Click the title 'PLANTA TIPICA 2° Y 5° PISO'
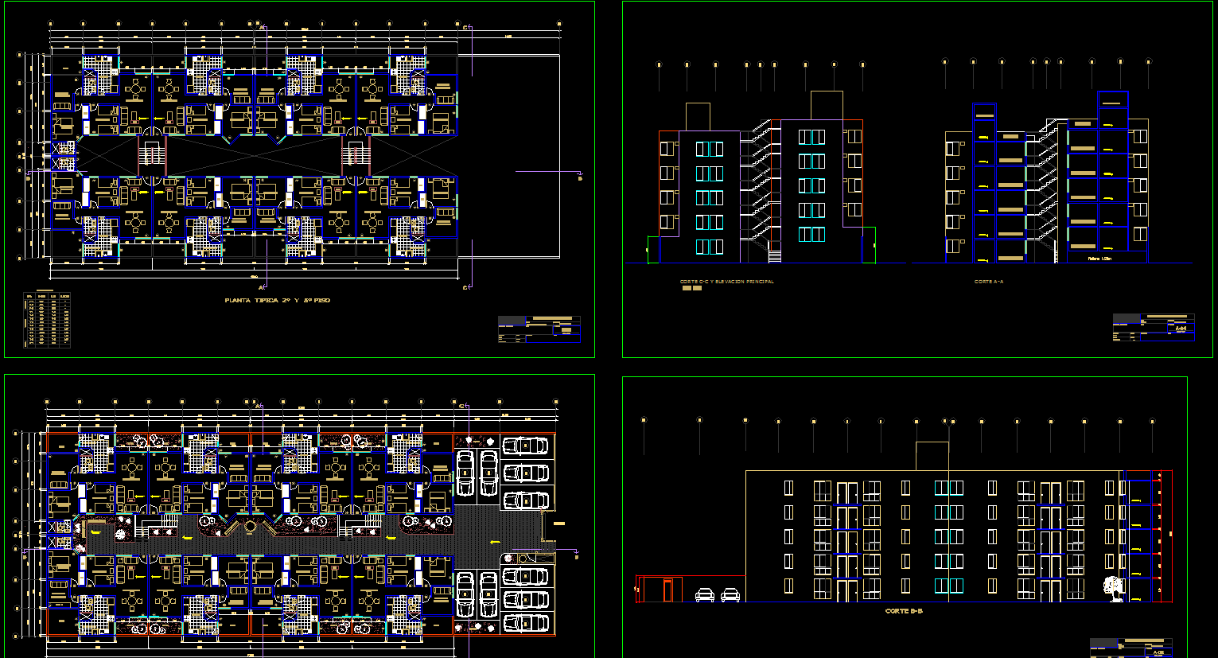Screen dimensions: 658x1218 277,301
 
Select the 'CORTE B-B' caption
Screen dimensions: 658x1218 904,612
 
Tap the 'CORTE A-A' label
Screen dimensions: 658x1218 989,282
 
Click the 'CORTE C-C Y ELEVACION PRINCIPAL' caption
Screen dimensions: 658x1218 726,282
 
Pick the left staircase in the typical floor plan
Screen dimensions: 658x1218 151,156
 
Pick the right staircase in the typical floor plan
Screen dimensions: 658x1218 356,156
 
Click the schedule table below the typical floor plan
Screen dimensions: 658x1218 47,320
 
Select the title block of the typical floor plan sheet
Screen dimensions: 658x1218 539,329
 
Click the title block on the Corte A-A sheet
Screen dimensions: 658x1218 1153,327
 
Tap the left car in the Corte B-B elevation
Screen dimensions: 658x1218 705,595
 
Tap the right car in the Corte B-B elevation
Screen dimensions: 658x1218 730,595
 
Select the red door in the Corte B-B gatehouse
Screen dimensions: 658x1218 667,590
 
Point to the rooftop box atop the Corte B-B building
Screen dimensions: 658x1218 932,456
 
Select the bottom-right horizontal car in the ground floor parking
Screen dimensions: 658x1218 526,623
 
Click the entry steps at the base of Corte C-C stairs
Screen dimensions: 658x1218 774,254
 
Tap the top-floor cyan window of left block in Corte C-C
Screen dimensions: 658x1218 710,149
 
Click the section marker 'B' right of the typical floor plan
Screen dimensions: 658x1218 579,177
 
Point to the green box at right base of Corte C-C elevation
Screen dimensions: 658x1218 869,244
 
